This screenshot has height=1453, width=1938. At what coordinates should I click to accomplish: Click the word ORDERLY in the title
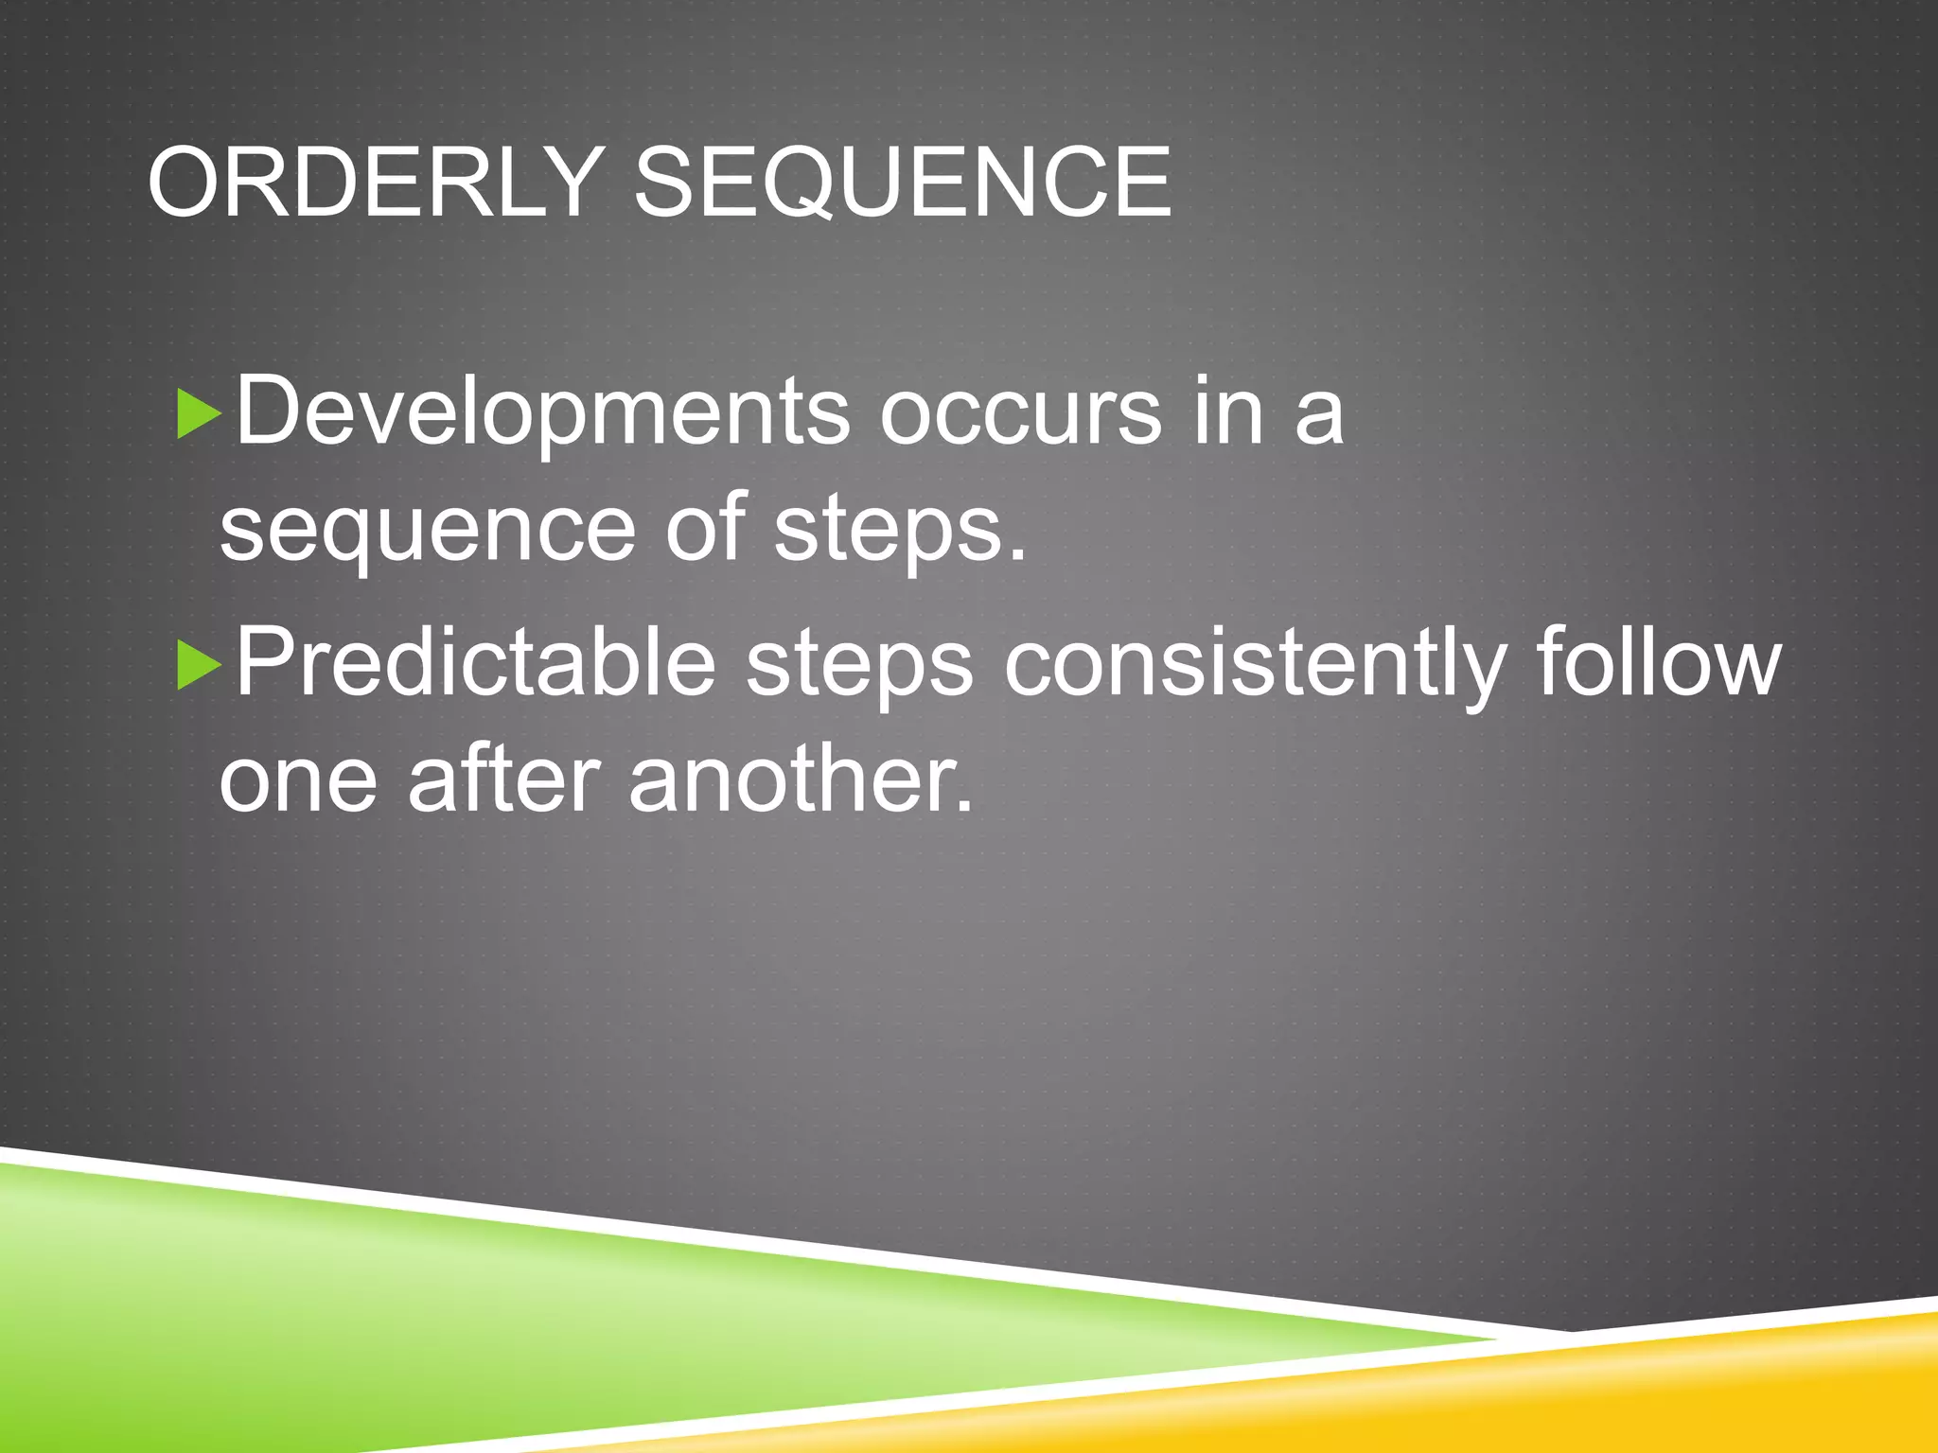pos(375,182)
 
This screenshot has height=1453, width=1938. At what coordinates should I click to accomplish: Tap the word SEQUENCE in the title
pos(902,182)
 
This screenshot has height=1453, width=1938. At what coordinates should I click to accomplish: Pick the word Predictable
pos(475,663)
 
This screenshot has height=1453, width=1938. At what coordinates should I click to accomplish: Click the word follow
pos(1658,663)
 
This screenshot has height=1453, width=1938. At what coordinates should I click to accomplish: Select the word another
pos(801,780)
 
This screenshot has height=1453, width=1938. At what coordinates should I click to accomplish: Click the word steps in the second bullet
pos(859,667)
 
